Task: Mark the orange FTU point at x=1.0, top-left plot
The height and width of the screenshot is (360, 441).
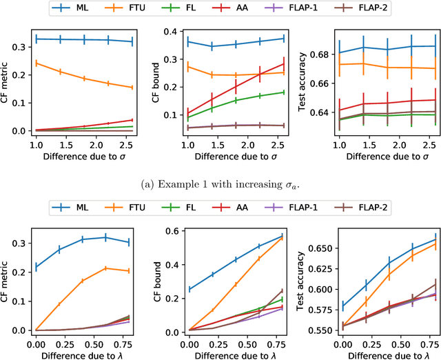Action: (36, 63)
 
